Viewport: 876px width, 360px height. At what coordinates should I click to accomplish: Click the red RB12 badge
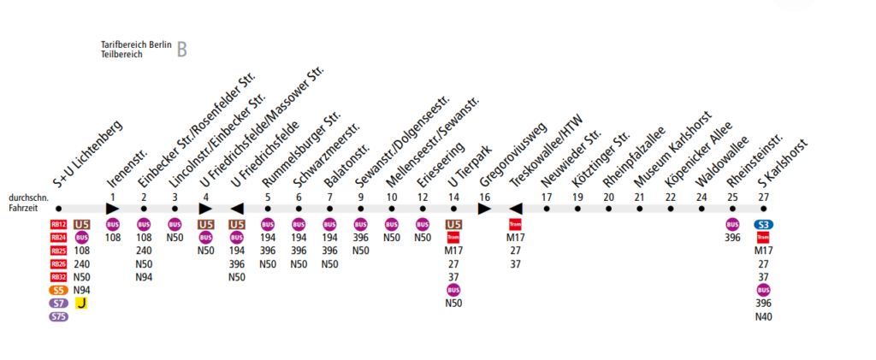coord(58,226)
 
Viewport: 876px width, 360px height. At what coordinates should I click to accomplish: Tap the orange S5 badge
coord(58,291)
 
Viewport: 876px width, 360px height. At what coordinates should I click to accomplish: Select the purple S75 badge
coord(58,316)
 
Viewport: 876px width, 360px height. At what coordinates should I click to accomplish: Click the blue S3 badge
coord(763,225)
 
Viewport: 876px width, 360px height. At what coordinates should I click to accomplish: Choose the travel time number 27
coord(763,197)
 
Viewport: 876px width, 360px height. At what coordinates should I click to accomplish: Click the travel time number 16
coord(485,197)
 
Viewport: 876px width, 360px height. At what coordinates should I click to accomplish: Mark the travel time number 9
coord(361,197)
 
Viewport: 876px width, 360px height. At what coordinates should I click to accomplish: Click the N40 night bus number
coord(763,316)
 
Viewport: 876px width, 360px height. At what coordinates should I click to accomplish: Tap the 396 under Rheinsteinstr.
coord(732,239)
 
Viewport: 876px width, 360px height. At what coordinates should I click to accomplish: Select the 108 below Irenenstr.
coord(113,239)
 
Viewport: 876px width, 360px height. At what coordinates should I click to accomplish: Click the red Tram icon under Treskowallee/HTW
coord(515,225)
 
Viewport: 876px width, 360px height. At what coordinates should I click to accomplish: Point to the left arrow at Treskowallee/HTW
coord(515,208)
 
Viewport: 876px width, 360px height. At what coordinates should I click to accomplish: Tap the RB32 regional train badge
coord(58,277)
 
